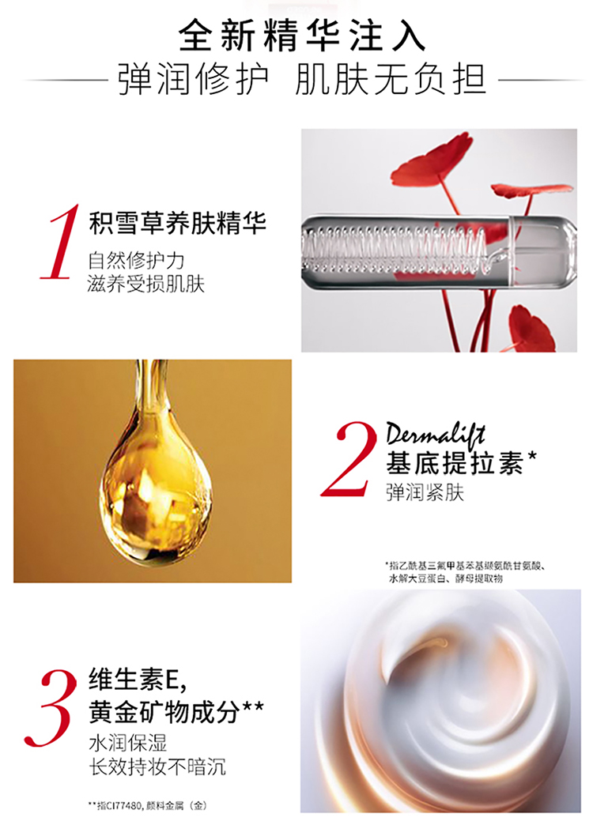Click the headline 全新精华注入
(x=302, y=36)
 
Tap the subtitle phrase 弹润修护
(x=193, y=81)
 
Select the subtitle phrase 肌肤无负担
(x=391, y=81)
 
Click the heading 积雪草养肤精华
(x=177, y=224)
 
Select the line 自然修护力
(x=137, y=261)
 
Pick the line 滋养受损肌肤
(x=146, y=284)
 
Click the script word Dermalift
(x=435, y=434)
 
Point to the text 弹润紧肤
(x=425, y=493)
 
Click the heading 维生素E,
(x=138, y=680)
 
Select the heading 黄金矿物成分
(x=176, y=712)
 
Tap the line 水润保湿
(x=128, y=743)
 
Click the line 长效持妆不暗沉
(x=157, y=767)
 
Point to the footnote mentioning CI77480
(x=148, y=805)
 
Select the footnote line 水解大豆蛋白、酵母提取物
(x=445, y=578)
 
